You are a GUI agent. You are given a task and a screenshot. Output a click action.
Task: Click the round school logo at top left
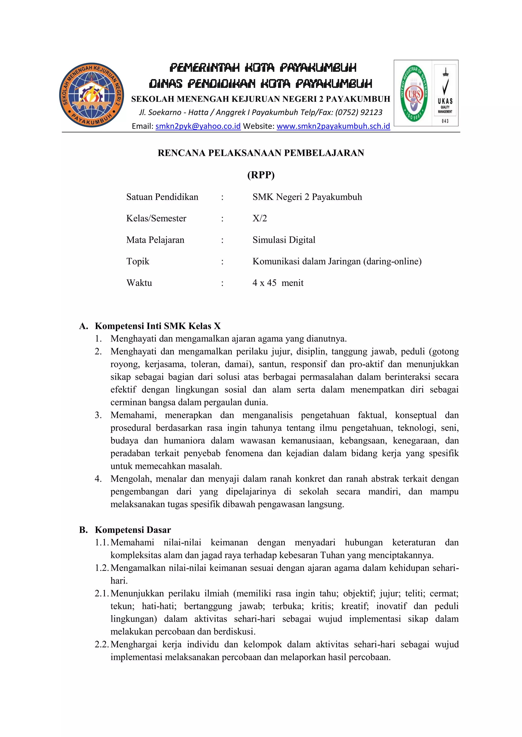92,95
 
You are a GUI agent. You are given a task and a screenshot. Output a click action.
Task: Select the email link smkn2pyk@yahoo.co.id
198,126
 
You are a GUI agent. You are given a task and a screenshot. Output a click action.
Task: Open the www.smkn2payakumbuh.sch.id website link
333,126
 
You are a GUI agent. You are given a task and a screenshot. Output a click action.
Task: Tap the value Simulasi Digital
284,240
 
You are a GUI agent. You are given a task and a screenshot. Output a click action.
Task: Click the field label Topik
138,261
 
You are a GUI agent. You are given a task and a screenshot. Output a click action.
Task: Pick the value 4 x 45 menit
278,283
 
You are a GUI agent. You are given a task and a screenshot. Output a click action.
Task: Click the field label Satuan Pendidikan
162,197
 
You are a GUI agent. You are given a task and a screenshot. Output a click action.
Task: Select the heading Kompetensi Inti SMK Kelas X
158,326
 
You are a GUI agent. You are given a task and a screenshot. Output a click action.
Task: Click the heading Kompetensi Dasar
133,530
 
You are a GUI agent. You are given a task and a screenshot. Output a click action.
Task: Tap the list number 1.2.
102,568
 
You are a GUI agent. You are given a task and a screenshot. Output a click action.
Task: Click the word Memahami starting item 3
133,415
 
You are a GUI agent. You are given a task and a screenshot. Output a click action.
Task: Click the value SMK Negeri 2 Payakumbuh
307,197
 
